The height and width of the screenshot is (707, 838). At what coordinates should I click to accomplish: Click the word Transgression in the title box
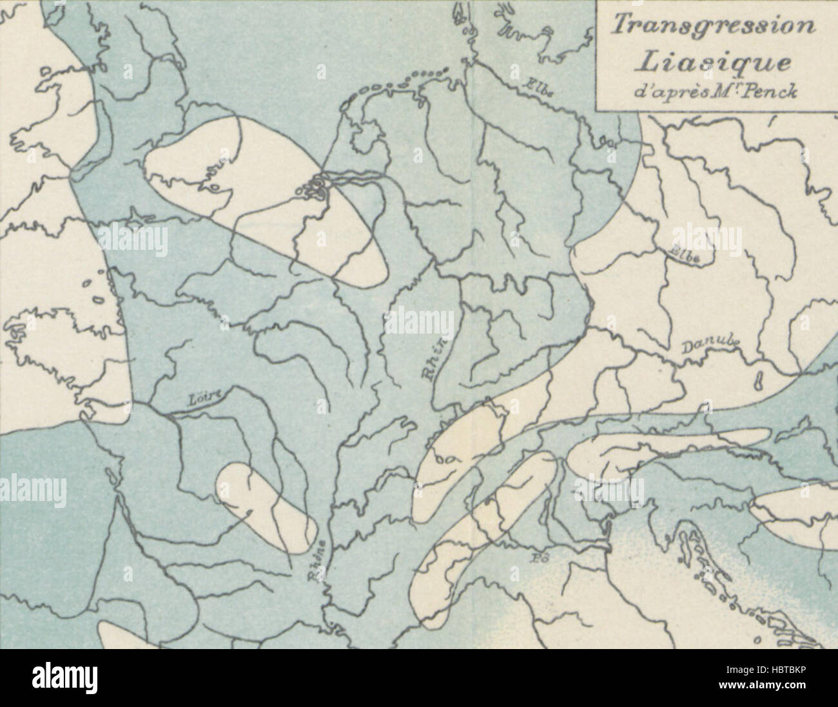[x=712, y=26]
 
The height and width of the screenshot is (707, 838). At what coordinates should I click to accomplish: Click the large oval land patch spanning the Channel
[x=258, y=193]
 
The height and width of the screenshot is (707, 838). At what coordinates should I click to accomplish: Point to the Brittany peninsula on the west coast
[x=39, y=335]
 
